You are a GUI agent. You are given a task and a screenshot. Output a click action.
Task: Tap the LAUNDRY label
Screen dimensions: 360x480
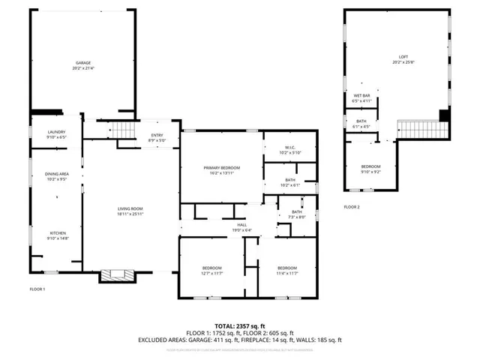(x=57, y=134)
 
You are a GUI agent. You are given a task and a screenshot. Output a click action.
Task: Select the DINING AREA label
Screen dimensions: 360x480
(x=57, y=176)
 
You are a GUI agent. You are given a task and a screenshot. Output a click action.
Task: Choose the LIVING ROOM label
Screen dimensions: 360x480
(x=130, y=211)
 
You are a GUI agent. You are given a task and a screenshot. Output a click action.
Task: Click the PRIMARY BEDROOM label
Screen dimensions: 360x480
(x=222, y=169)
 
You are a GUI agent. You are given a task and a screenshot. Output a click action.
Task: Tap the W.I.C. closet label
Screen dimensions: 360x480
(x=289, y=149)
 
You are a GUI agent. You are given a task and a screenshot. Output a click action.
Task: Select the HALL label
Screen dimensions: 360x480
(x=241, y=226)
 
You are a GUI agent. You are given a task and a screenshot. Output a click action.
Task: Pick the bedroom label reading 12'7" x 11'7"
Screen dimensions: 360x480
(x=211, y=270)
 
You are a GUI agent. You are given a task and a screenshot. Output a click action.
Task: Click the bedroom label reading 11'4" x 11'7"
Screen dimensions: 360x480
(x=287, y=270)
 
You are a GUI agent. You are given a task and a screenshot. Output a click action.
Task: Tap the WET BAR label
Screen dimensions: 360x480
(x=362, y=98)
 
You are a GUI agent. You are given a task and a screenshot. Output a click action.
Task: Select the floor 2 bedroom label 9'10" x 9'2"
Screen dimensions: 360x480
(x=371, y=169)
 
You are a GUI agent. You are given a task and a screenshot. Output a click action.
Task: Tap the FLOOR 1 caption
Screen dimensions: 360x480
(x=37, y=289)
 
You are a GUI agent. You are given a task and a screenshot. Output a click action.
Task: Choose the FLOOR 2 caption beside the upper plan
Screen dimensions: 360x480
(x=352, y=206)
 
